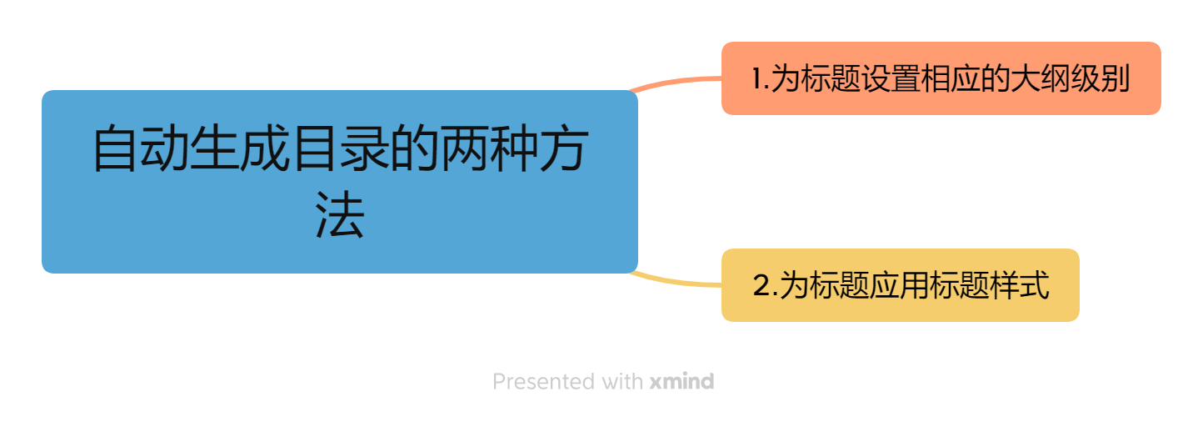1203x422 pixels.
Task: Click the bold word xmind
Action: [681, 382]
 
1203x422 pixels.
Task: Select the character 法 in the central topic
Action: [340, 219]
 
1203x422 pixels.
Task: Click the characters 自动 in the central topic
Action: [140, 148]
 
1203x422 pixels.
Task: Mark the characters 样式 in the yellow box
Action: [1021, 286]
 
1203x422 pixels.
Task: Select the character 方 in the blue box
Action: [563, 148]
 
